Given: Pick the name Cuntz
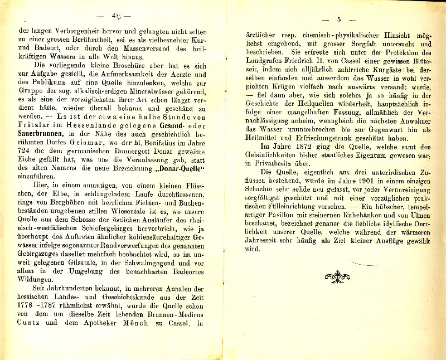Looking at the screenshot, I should click(30, 322).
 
